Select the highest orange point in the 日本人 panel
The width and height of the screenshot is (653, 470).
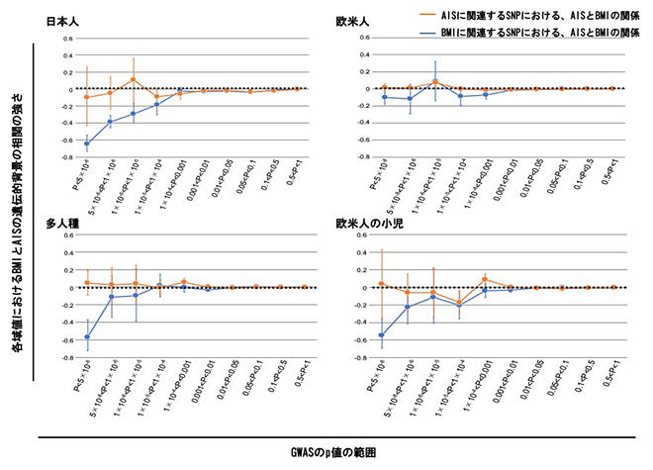coord(134,79)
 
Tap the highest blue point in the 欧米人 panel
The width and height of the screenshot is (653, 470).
coord(435,83)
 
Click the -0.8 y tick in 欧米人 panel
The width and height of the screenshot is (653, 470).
coord(332,156)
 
